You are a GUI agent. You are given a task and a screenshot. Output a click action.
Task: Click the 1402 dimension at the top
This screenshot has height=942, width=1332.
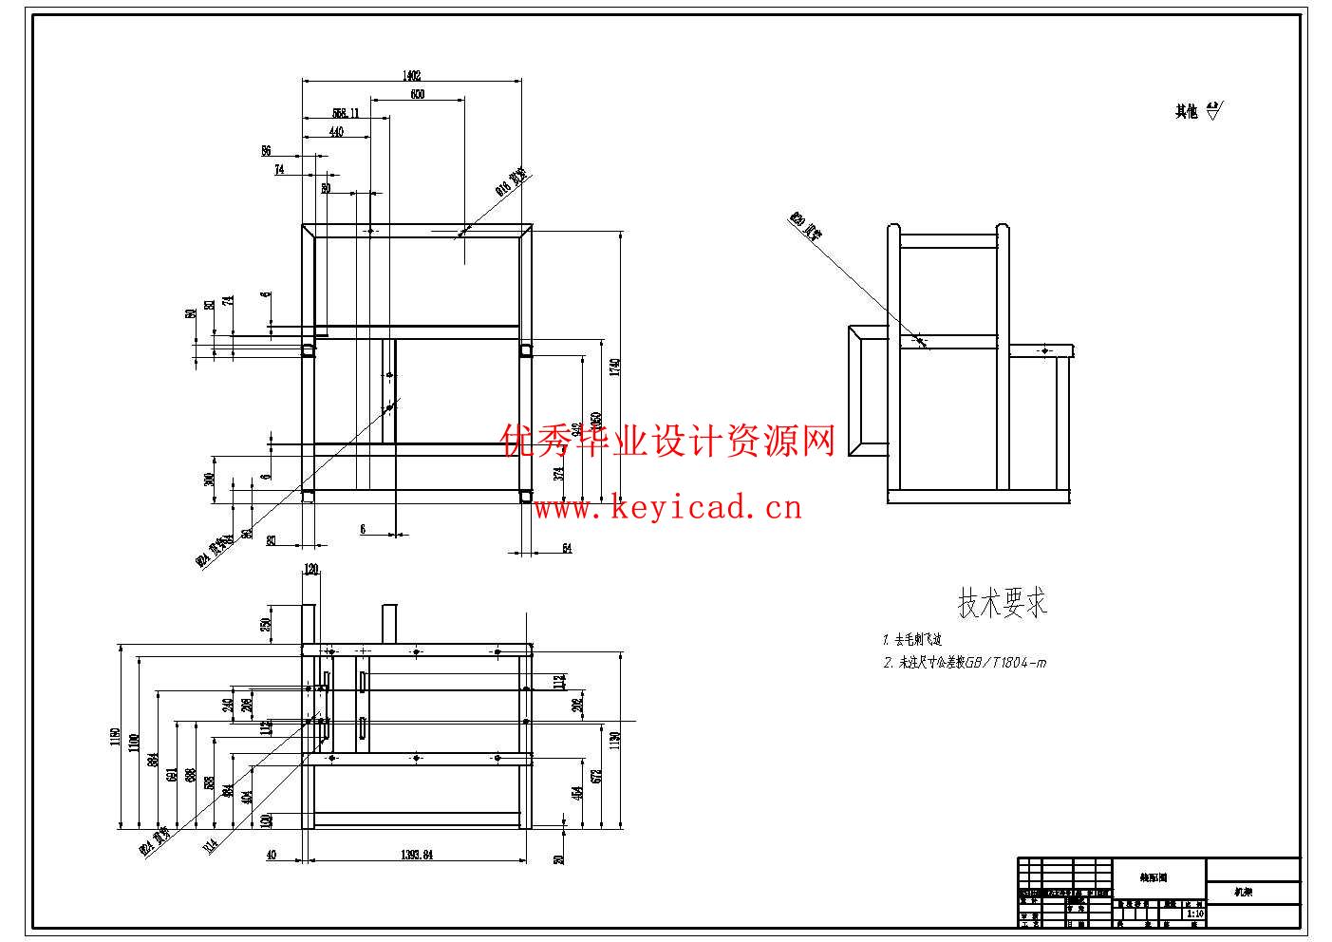click(x=411, y=75)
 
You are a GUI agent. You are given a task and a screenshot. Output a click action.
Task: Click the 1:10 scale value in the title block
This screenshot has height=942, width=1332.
click(x=1195, y=914)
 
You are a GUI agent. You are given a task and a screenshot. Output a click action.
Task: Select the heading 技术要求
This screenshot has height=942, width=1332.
click(x=1002, y=602)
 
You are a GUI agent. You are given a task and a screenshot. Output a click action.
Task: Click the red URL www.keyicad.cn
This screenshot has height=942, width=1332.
click(x=667, y=508)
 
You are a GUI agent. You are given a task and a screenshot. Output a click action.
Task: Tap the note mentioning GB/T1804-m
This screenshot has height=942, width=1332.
click(x=965, y=663)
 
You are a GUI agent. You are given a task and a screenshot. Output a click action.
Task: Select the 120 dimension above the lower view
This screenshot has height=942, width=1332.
click(x=311, y=570)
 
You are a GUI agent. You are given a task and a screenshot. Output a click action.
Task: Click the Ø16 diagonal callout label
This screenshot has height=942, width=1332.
click(x=511, y=182)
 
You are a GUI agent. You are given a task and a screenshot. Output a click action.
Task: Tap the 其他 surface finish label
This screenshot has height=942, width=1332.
click(x=1187, y=112)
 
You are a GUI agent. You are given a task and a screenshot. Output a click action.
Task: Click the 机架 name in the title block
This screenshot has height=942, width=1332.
click(x=1242, y=893)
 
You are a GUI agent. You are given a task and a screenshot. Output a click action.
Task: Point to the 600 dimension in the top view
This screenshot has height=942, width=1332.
click(x=418, y=94)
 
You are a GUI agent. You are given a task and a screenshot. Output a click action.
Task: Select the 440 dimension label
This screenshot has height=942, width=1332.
click(x=336, y=133)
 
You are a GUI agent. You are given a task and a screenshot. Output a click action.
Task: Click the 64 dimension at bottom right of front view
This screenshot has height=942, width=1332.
click(x=567, y=548)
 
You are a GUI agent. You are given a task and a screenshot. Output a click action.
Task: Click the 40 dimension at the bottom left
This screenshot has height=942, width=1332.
click(x=272, y=855)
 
